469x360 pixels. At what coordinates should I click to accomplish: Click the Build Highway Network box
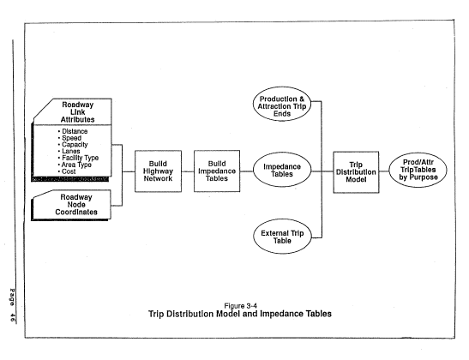pos(158,171)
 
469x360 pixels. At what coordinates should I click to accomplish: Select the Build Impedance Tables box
pos(217,171)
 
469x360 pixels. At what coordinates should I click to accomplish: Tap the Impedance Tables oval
pos(282,170)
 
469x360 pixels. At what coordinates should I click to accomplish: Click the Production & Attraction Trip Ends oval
pos(282,104)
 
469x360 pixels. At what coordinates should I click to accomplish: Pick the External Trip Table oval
pos(282,237)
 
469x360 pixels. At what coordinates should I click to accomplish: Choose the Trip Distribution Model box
pos(356,172)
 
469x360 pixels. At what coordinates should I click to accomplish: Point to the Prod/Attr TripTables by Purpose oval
pos(418,170)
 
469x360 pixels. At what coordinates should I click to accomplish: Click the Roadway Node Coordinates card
pos(71,205)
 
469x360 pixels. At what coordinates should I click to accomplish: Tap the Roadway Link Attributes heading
pos(77,112)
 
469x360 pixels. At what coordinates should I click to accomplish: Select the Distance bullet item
pos(73,131)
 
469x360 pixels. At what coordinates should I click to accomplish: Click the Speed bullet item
pos(69,138)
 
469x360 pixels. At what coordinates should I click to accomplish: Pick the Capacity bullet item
pos(73,144)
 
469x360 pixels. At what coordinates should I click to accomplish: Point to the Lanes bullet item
pos(69,151)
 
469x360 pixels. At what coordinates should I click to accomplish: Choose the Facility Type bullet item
pos(78,158)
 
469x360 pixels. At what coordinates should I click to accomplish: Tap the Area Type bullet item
pos(75,165)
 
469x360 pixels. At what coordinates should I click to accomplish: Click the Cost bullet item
pos(67,171)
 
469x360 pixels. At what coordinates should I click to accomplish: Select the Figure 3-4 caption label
pos(240,306)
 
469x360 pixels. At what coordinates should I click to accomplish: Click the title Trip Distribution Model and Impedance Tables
pos(240,314)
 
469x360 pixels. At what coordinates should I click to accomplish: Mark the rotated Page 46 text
pos(12,305)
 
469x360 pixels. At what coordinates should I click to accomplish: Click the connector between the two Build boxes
pos(188,171)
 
